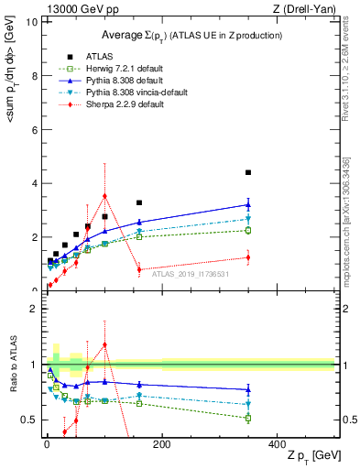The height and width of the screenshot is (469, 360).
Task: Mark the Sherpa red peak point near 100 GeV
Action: (x=104, y=195)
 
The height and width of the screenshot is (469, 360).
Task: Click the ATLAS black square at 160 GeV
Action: (x=139, y=202)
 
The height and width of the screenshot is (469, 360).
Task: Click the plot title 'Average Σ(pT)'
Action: (x=191, y=35)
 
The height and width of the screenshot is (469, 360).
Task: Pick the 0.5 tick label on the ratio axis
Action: (x=30, y=420)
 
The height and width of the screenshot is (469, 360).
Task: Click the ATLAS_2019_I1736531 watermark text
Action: (x=190, y=274)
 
